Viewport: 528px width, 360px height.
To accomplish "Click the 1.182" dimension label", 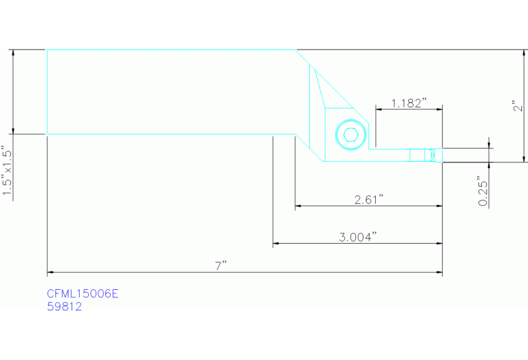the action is click(409, 103).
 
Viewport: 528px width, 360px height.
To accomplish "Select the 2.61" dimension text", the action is click(369, 200).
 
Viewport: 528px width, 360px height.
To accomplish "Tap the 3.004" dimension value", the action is click(357, 237).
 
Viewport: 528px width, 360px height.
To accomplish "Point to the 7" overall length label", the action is click(221, 266).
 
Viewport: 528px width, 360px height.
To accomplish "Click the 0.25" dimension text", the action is click(483, 191).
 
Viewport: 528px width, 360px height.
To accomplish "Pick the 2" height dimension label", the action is click(518, 106).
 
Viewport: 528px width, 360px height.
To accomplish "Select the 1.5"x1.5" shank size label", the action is click(7, 170).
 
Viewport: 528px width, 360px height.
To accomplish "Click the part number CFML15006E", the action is click(83, 294).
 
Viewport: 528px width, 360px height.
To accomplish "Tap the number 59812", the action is click(64, 306).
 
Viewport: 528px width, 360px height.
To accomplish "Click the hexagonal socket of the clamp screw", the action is click(350, 135).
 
